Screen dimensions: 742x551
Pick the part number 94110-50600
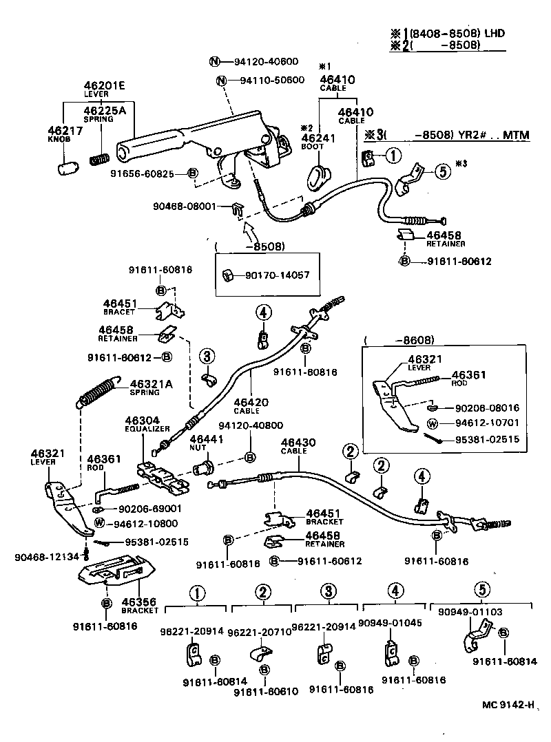[x=272, y=81]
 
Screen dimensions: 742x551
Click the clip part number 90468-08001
[x=185, y=205]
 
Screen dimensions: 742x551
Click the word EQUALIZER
[x=147, y=428]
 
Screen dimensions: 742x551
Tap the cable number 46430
[x=298, y=442]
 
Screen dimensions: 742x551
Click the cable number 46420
[x=250, y=401]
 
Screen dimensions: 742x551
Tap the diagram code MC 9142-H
[x=508, y=704]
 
